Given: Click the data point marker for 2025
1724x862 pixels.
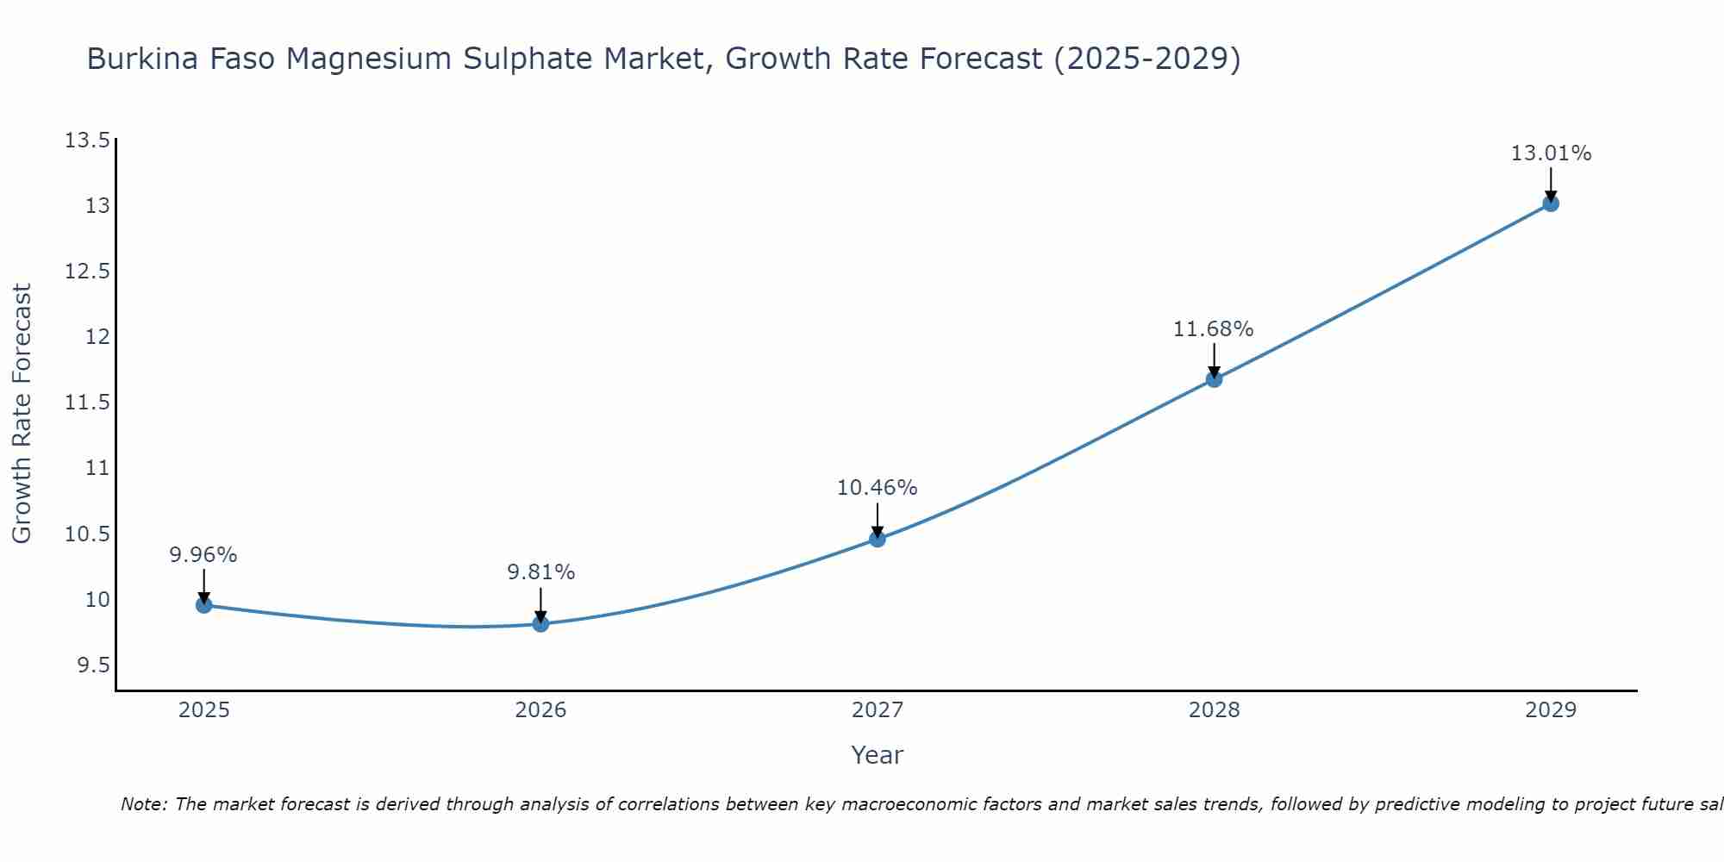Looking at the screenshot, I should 203,605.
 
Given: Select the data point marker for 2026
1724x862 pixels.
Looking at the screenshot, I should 540,624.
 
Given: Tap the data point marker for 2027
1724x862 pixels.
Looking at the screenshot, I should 878,539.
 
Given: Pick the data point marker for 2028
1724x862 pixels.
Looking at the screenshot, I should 1214,378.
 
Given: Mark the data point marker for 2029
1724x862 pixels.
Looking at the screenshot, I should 1551,203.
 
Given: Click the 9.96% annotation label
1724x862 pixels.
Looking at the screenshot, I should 203,555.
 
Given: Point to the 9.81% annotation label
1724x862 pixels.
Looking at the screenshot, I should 540,572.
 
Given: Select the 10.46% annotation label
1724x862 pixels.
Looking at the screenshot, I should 878,488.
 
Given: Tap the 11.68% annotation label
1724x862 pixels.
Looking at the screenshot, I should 1214,329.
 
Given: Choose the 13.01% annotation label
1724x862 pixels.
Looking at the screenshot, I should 1551,153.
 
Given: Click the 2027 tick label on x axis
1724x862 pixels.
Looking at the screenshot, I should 878,710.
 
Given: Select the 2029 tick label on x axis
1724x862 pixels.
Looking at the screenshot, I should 1551,710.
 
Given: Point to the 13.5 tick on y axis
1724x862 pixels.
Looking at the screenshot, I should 88,141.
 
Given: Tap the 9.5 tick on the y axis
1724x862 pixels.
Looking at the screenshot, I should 93,665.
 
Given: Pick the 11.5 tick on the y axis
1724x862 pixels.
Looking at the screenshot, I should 88,403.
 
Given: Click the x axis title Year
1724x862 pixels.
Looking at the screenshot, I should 878,755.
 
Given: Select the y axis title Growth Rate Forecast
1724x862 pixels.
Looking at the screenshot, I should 22,414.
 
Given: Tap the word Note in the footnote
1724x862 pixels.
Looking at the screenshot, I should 144,804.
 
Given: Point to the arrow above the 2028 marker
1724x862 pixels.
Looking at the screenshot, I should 1214,359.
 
